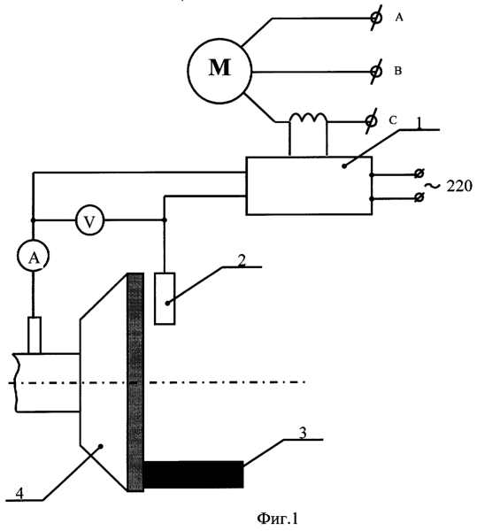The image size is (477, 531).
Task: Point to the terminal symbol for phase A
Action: [376, 18]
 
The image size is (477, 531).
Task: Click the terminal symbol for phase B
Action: [376, 71]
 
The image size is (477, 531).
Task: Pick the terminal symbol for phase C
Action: [371, 121]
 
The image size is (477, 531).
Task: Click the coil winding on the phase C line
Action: [308, 118]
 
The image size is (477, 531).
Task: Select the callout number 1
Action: [419, 124]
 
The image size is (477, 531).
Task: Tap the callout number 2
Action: [242, 261]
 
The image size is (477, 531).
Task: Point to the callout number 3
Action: [303, 433]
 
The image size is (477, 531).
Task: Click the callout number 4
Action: [19, 494]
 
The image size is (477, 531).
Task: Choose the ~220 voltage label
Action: [449, 186]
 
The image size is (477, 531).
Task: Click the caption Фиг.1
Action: [278, 518]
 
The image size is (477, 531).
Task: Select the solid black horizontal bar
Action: [194, 474]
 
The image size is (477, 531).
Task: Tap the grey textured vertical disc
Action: [135, 382]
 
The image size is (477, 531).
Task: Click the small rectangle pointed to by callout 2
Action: [165, 298]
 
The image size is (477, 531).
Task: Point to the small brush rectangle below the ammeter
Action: [35, 335]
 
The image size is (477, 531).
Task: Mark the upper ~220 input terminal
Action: [419, 174]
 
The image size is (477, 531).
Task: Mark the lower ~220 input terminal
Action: [419, 197]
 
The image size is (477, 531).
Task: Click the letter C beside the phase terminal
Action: [393, 120]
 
